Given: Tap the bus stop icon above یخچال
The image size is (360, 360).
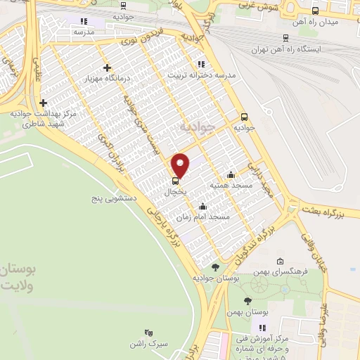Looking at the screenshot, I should click(175, 180).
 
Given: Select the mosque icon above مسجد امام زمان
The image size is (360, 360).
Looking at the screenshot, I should click(203, 207).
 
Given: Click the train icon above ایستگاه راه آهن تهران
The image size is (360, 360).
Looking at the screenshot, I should click(285, 39).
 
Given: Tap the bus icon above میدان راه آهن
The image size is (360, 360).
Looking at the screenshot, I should click(314, 11).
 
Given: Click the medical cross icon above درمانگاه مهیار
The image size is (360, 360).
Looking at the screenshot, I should click(107, 67).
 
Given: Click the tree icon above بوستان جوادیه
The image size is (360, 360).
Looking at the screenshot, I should click(215, 267).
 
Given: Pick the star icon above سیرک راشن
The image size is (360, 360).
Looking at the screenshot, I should click(148, 331).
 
